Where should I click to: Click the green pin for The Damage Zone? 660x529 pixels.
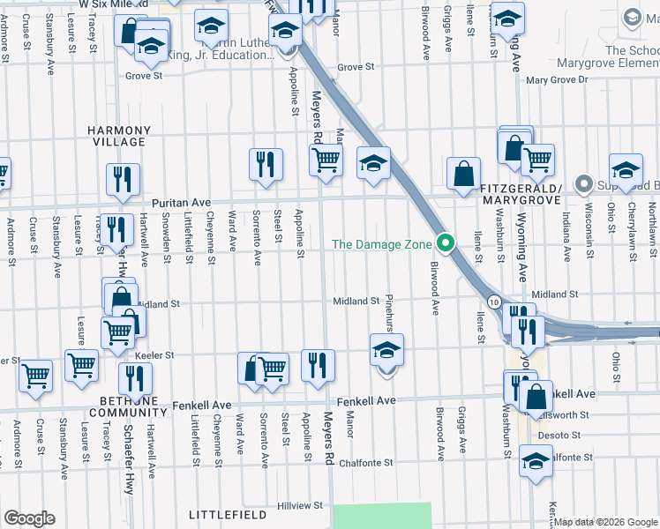pyautogui.click(x=446, y=243)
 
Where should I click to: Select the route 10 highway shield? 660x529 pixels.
pyautogui.click(x=496, y=302)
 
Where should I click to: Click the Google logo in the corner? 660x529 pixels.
pyautogui.click(x=29, y=518)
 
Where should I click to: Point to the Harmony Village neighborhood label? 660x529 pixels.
pyautogui.click(x=116, y=136)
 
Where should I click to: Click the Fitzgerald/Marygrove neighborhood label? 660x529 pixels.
pyautogui.click(x=522, y=195)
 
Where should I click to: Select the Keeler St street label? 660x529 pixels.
pyautogui.click(x=154, y=355)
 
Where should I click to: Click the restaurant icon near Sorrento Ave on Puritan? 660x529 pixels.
pyautogui.click(x=265, y=164)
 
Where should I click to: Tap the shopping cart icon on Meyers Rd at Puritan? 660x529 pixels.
pyautogui.click(x=326, y=160)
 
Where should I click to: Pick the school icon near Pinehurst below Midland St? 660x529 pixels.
pyautogui.click(x=386, y=351)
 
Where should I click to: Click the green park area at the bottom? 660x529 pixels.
pyautogui.click(x=382, y=516)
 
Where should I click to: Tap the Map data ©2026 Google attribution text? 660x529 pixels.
pyautogui.click(x=605, y=521)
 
